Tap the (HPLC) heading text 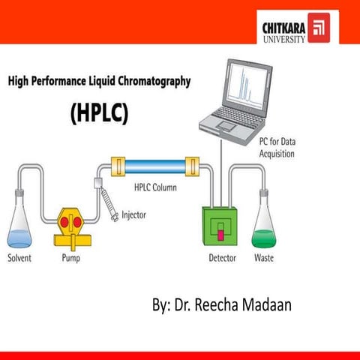click(x=100, y=112)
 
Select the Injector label click(x=134, y=216)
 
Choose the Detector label click(x=222, y=258)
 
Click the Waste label click(x=265, y=258)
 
